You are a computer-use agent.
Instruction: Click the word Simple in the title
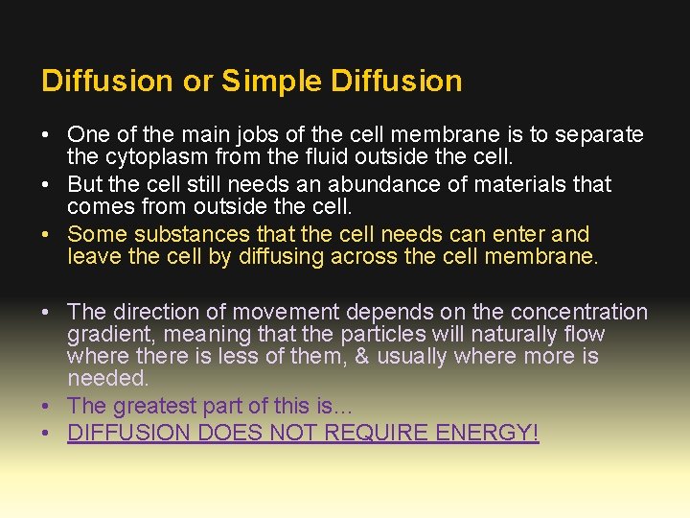coord(272,82)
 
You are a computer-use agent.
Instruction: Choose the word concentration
coord(579,312)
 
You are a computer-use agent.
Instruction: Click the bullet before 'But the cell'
coord(47,184)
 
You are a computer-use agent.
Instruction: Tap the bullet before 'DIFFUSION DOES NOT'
coord(47,434)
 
